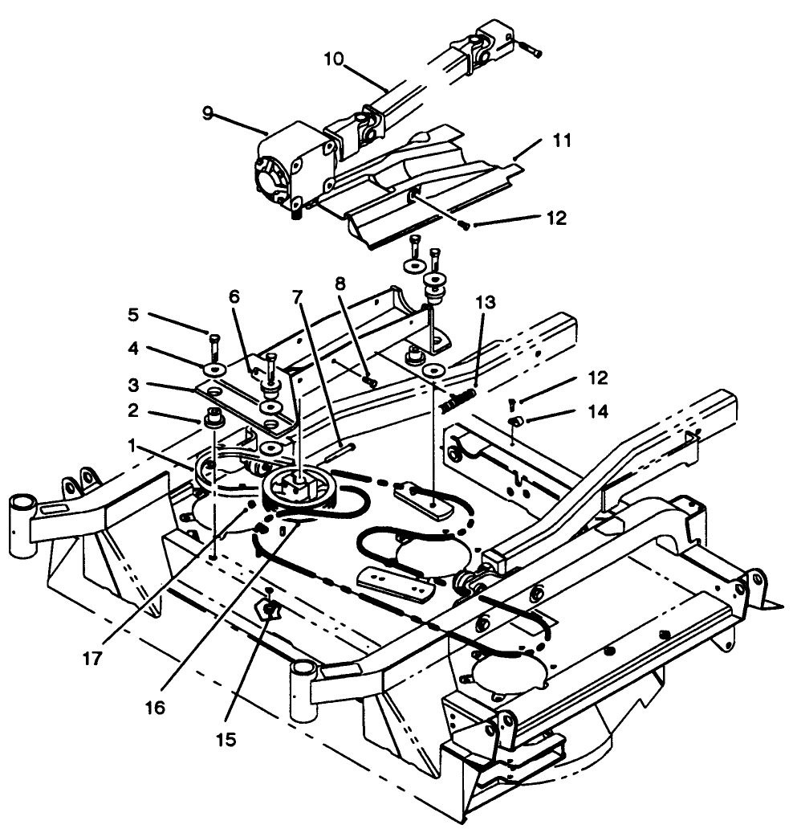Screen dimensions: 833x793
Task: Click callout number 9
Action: [208, 113]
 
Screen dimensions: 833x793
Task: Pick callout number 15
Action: [228, 739]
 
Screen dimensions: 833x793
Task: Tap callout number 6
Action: [234, 296]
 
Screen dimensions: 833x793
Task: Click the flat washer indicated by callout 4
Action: [213, 369]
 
